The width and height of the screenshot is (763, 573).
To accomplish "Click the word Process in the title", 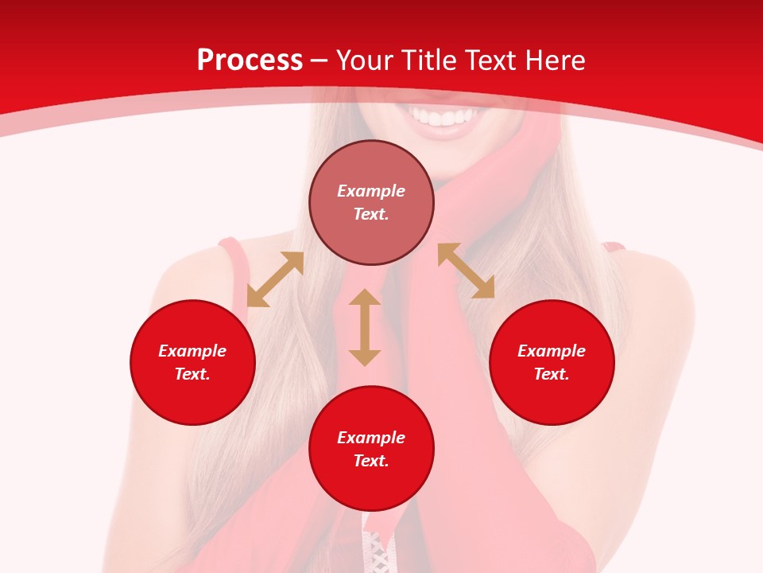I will click(x=250, y=60).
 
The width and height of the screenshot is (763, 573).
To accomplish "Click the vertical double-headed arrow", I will click(x=365, y=327).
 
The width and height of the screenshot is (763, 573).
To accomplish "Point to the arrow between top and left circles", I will click(x=275, y=279).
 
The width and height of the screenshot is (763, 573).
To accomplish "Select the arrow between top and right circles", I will click(x=466, y=271).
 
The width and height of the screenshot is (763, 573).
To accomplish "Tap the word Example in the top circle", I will click(x=371, y=191).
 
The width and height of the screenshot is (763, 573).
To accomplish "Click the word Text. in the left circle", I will click(x=192, y=374).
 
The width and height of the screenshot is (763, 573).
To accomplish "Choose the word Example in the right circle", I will click(x=552, y=351).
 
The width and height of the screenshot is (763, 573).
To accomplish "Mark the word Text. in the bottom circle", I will click(x=371, y=461).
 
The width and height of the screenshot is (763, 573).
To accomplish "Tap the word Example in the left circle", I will click(x=192, y=351).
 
